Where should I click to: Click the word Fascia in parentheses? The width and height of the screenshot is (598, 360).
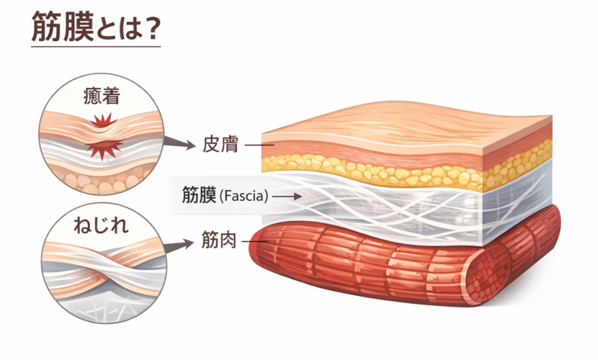point(243,195)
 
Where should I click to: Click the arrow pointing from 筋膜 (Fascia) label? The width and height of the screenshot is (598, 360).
point(286,195)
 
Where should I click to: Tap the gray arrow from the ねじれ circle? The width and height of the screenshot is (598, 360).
point(179,246)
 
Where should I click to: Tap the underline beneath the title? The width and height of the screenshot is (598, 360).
point(95,47)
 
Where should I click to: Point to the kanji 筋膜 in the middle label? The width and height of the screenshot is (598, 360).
point(199,195)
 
